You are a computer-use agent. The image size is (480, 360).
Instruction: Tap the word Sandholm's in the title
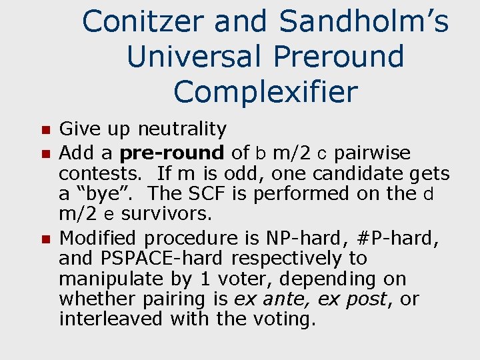(363, 22)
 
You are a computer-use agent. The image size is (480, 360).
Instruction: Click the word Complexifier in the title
(265, 92)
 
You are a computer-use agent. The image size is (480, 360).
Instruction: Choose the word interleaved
(112, 319)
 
